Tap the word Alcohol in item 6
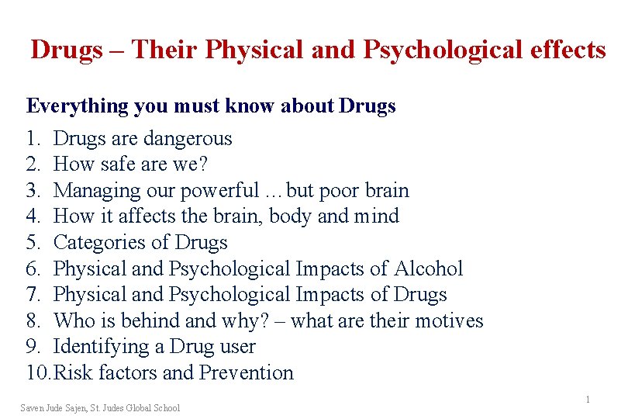coord(428,269)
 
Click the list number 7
coord(32,295)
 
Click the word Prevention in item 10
coord(247,373)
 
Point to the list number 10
coord(36,373)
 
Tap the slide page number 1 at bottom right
coord(588,400)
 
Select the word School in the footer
coord(167,408)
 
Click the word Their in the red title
coord(164,50)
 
